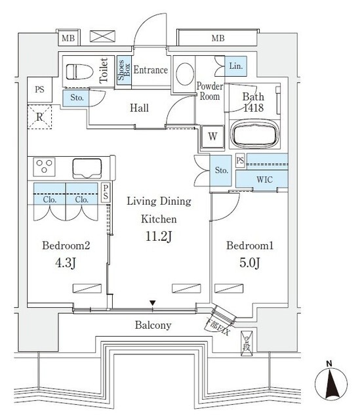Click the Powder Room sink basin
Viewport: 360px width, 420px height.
(x=185, y=73)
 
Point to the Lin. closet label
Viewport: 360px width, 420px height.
(x=237, y=65)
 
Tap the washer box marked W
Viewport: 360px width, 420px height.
(x=212, y=136)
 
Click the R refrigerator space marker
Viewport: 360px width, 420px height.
(x=39, y=118)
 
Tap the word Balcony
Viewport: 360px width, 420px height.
(x=153, y=325)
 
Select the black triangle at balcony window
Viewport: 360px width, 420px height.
(x=153, y=303)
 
